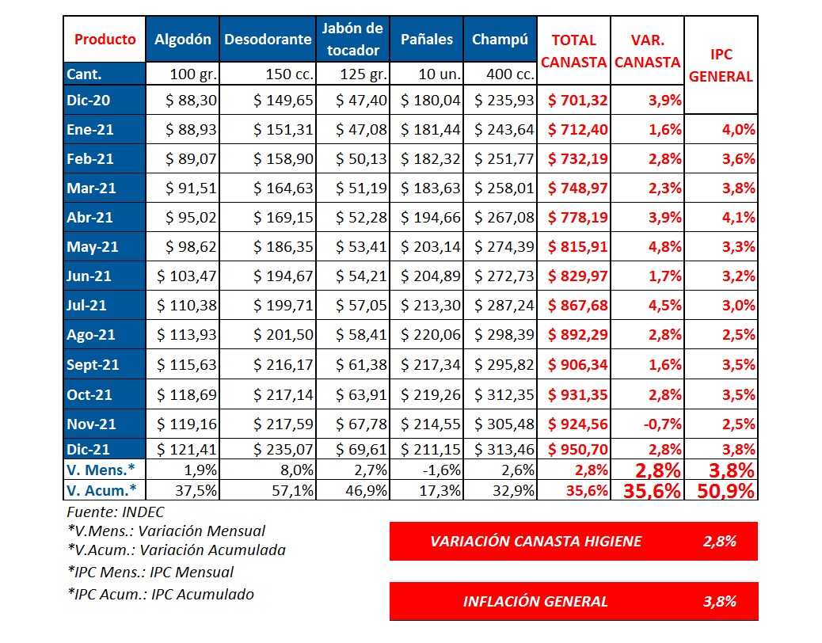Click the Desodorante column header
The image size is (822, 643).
tap(268, 40)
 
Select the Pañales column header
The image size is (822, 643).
tap(427, 40)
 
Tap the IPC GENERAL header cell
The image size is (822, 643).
tap(720, 66)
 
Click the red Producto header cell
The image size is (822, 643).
tap(105, 40)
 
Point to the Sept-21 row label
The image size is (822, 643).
tap(93, 365)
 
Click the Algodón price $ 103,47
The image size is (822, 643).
tap(187, 276)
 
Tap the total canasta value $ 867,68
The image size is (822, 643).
tap(576, 306)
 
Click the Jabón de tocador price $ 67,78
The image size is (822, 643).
tap(364, 424)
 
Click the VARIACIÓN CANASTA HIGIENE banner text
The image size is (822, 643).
tap(536, 542)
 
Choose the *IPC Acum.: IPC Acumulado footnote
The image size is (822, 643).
tap(161, 593)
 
